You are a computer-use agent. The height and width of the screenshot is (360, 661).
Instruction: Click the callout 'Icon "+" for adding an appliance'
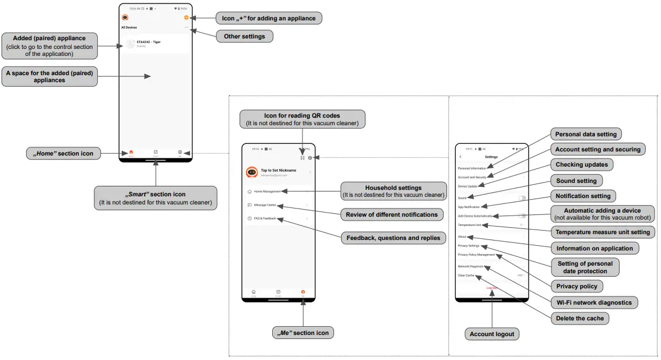coord(269,18)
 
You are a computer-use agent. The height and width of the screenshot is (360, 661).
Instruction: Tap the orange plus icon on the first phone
coord(186,18)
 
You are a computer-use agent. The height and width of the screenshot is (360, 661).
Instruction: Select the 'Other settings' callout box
coord(244,37)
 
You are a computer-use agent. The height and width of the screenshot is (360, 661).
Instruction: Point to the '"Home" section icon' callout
coord(64,154)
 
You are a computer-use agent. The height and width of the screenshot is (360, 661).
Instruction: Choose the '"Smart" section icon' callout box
coord(155,198)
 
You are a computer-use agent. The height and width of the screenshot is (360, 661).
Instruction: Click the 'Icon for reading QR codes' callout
coord(302,119)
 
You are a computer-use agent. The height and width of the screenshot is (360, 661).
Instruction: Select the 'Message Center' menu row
coord(265,205)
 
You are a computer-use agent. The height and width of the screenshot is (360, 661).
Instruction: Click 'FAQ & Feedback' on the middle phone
coord(265,218)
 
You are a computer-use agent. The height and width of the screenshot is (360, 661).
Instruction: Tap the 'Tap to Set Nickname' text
coord(278,170)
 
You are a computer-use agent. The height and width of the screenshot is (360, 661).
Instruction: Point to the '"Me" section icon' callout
coord(303,333)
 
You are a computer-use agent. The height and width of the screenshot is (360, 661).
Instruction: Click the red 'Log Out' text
coord(492,288)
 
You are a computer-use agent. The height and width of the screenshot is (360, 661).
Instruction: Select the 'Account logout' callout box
coord(492,334)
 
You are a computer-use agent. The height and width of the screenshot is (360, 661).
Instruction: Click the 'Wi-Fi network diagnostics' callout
coord(593,303)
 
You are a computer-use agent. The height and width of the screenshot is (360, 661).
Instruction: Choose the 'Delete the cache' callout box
coord(581,318)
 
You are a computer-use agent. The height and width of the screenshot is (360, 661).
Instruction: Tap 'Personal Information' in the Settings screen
coord(472,168)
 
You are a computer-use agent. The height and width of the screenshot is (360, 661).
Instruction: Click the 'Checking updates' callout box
coord(581,165)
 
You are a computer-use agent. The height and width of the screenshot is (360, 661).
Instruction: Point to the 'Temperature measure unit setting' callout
coord(603,232)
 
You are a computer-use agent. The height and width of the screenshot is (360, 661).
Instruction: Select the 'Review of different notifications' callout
coord(391,214)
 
